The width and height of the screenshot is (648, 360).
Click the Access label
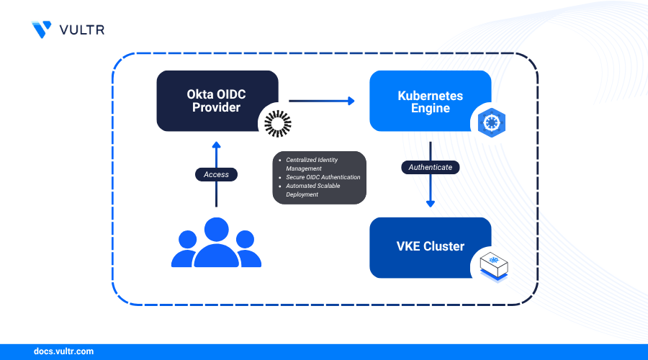pos(216,174)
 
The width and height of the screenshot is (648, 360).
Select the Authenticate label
pos(430,167)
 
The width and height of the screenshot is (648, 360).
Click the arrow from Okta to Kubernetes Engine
pos(322,101)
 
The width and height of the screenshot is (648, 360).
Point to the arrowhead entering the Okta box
pos(216,145)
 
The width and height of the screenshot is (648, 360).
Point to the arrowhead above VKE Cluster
pos(430,203)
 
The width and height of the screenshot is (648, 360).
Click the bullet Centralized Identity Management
pos(312,163)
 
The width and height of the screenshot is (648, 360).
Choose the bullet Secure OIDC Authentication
pos(323,177)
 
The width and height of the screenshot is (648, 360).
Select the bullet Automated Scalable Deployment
pos(313,190)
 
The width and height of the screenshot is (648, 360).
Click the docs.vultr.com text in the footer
pos(63,352)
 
